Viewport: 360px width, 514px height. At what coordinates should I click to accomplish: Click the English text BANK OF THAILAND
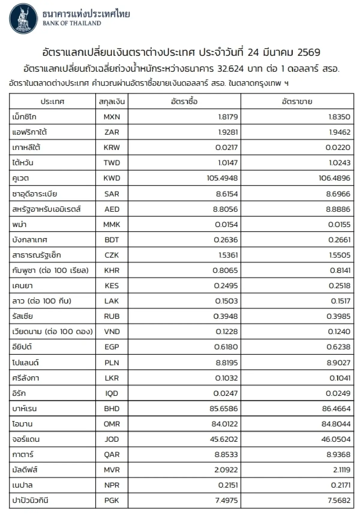point(72,23)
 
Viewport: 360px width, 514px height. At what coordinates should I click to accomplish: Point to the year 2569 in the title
point(309,52)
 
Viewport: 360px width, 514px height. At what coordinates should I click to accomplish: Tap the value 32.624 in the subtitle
point(231,69)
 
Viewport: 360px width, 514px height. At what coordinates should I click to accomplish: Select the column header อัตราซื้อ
point(184,102)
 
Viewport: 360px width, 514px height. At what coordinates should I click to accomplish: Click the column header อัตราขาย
point(297,102)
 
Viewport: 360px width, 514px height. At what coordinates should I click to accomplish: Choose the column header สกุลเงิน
point(112,102)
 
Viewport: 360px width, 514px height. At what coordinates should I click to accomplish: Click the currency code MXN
point(112,117)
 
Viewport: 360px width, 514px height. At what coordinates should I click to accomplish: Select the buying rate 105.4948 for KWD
point(222,178)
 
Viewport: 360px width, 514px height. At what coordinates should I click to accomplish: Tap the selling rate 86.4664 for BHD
point(336,408)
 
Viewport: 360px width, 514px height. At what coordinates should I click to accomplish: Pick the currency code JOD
point(112,439)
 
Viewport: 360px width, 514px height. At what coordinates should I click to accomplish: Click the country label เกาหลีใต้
point(26,148)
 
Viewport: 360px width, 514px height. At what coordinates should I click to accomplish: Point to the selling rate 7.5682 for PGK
point(339,500)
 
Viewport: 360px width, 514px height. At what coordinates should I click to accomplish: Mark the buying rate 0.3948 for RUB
point(226,316)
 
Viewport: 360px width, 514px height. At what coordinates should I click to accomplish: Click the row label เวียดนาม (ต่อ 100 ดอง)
point(52,332)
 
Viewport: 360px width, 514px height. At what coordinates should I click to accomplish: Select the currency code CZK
point(112,255)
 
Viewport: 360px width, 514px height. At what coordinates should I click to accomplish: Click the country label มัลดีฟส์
point(25,470)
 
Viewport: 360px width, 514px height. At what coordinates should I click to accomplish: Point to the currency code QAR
point(112,455)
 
